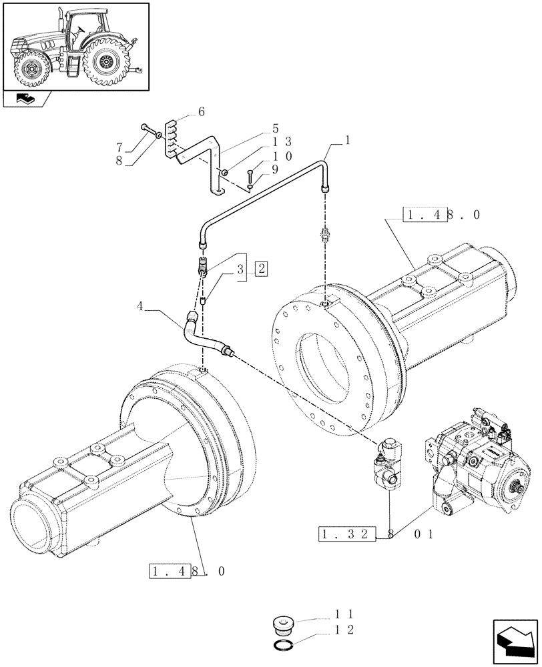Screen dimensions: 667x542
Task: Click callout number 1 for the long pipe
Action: click(347, 141)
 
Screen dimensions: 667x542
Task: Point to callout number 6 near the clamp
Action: click(201, 114)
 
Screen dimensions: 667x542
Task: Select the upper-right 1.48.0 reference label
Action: click(441, 215)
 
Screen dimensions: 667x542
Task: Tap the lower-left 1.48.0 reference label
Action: click(188, 572)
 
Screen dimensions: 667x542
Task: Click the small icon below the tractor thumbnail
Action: click(26, 100)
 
